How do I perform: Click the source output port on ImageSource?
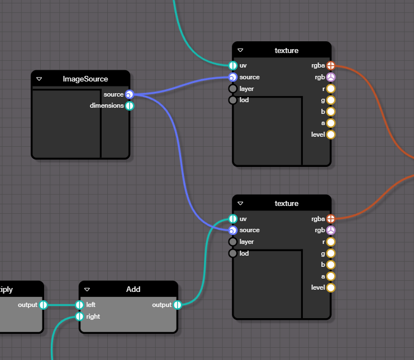(129, 94)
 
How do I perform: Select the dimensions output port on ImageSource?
(129, 105)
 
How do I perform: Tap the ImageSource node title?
(85, 79)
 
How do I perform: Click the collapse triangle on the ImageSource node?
(39, 79)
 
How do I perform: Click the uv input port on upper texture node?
(233, 66)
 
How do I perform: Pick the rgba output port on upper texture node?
(331, 66)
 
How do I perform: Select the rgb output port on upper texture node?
(331, 77)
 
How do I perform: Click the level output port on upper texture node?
(331, 135)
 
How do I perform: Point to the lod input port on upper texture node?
(233, 100)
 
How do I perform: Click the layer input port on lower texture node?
(233, 242)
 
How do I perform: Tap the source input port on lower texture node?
(233, 230)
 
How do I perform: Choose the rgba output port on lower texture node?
(331, 219)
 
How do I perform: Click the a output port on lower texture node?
(331, 276)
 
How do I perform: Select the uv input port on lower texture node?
(233, 219)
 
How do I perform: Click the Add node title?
(133, 289)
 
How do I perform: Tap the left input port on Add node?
(79, 305)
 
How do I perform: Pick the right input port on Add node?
(79, 316)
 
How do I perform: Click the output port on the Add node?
(177, 305)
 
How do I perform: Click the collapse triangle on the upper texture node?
(240, 51)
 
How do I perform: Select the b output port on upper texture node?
(331, 112)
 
